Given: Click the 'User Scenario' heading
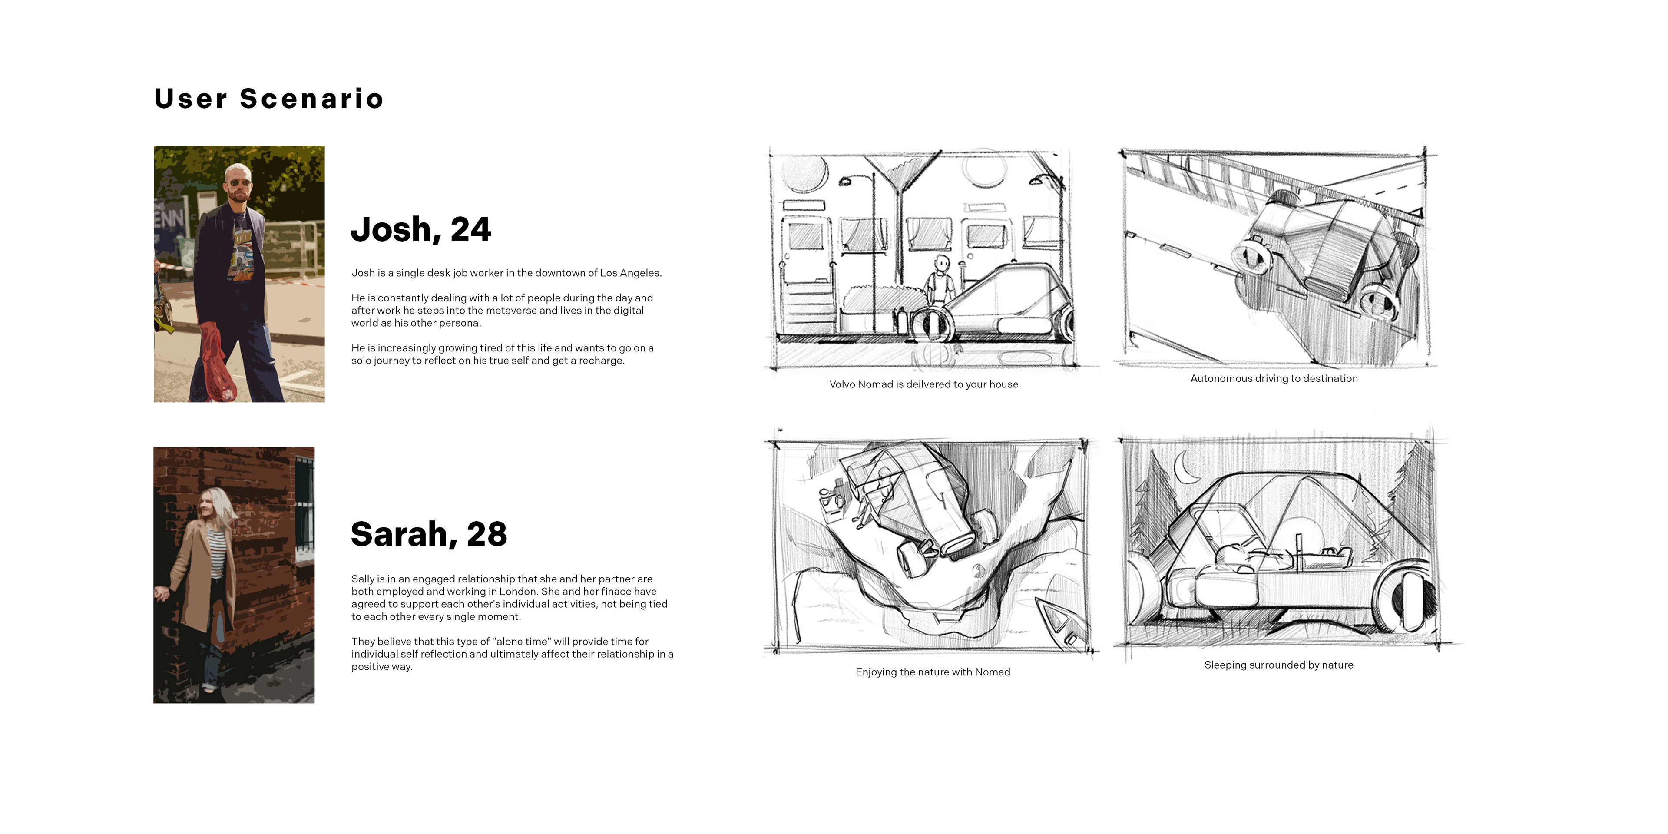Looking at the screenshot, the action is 269,99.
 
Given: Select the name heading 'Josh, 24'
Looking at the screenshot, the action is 421,230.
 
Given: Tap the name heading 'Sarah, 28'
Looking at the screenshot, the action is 429,535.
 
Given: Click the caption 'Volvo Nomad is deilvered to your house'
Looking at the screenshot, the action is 923,384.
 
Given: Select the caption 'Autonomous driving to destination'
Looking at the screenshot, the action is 1274,379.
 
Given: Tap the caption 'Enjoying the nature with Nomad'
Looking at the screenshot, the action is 933,672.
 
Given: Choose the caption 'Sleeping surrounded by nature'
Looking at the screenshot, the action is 1278,665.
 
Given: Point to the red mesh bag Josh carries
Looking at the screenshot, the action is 216,363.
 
